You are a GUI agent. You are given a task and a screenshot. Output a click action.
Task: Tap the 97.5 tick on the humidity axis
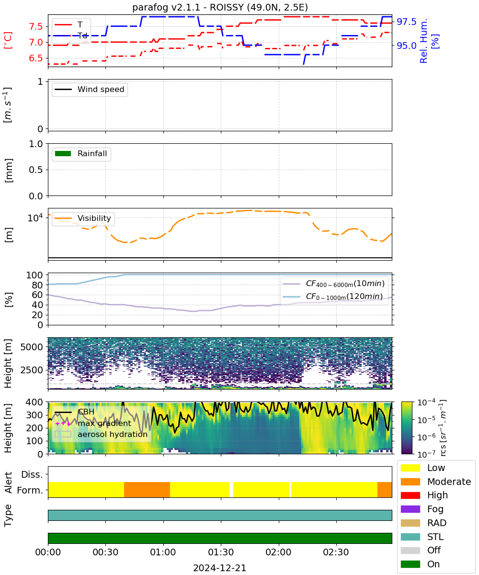tap(406, 22)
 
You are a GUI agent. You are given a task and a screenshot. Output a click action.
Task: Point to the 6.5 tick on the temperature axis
tap(36, 58)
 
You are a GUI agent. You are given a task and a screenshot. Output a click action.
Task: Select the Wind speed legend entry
tap(90, 89)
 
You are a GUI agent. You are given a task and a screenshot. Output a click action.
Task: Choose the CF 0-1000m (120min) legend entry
tap(333, 296)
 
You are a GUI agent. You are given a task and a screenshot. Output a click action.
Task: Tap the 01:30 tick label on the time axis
tap(221, 552)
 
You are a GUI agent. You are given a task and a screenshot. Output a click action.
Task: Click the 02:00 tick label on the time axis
tap(278, 552)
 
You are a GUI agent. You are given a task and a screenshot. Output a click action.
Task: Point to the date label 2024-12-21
tap(220, 568)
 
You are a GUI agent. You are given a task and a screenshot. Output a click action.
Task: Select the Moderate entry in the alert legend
tap(436, 482)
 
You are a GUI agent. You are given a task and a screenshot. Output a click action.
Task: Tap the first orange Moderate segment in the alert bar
tap(147, 490)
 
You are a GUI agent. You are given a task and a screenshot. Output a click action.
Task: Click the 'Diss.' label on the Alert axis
tap(32, 474)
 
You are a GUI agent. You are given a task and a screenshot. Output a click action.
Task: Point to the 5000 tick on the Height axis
tap(32, 347)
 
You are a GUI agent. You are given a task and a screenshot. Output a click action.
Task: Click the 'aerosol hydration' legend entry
tap(101, 434)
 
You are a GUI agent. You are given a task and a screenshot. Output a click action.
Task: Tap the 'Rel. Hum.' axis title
tap(423, 41)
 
